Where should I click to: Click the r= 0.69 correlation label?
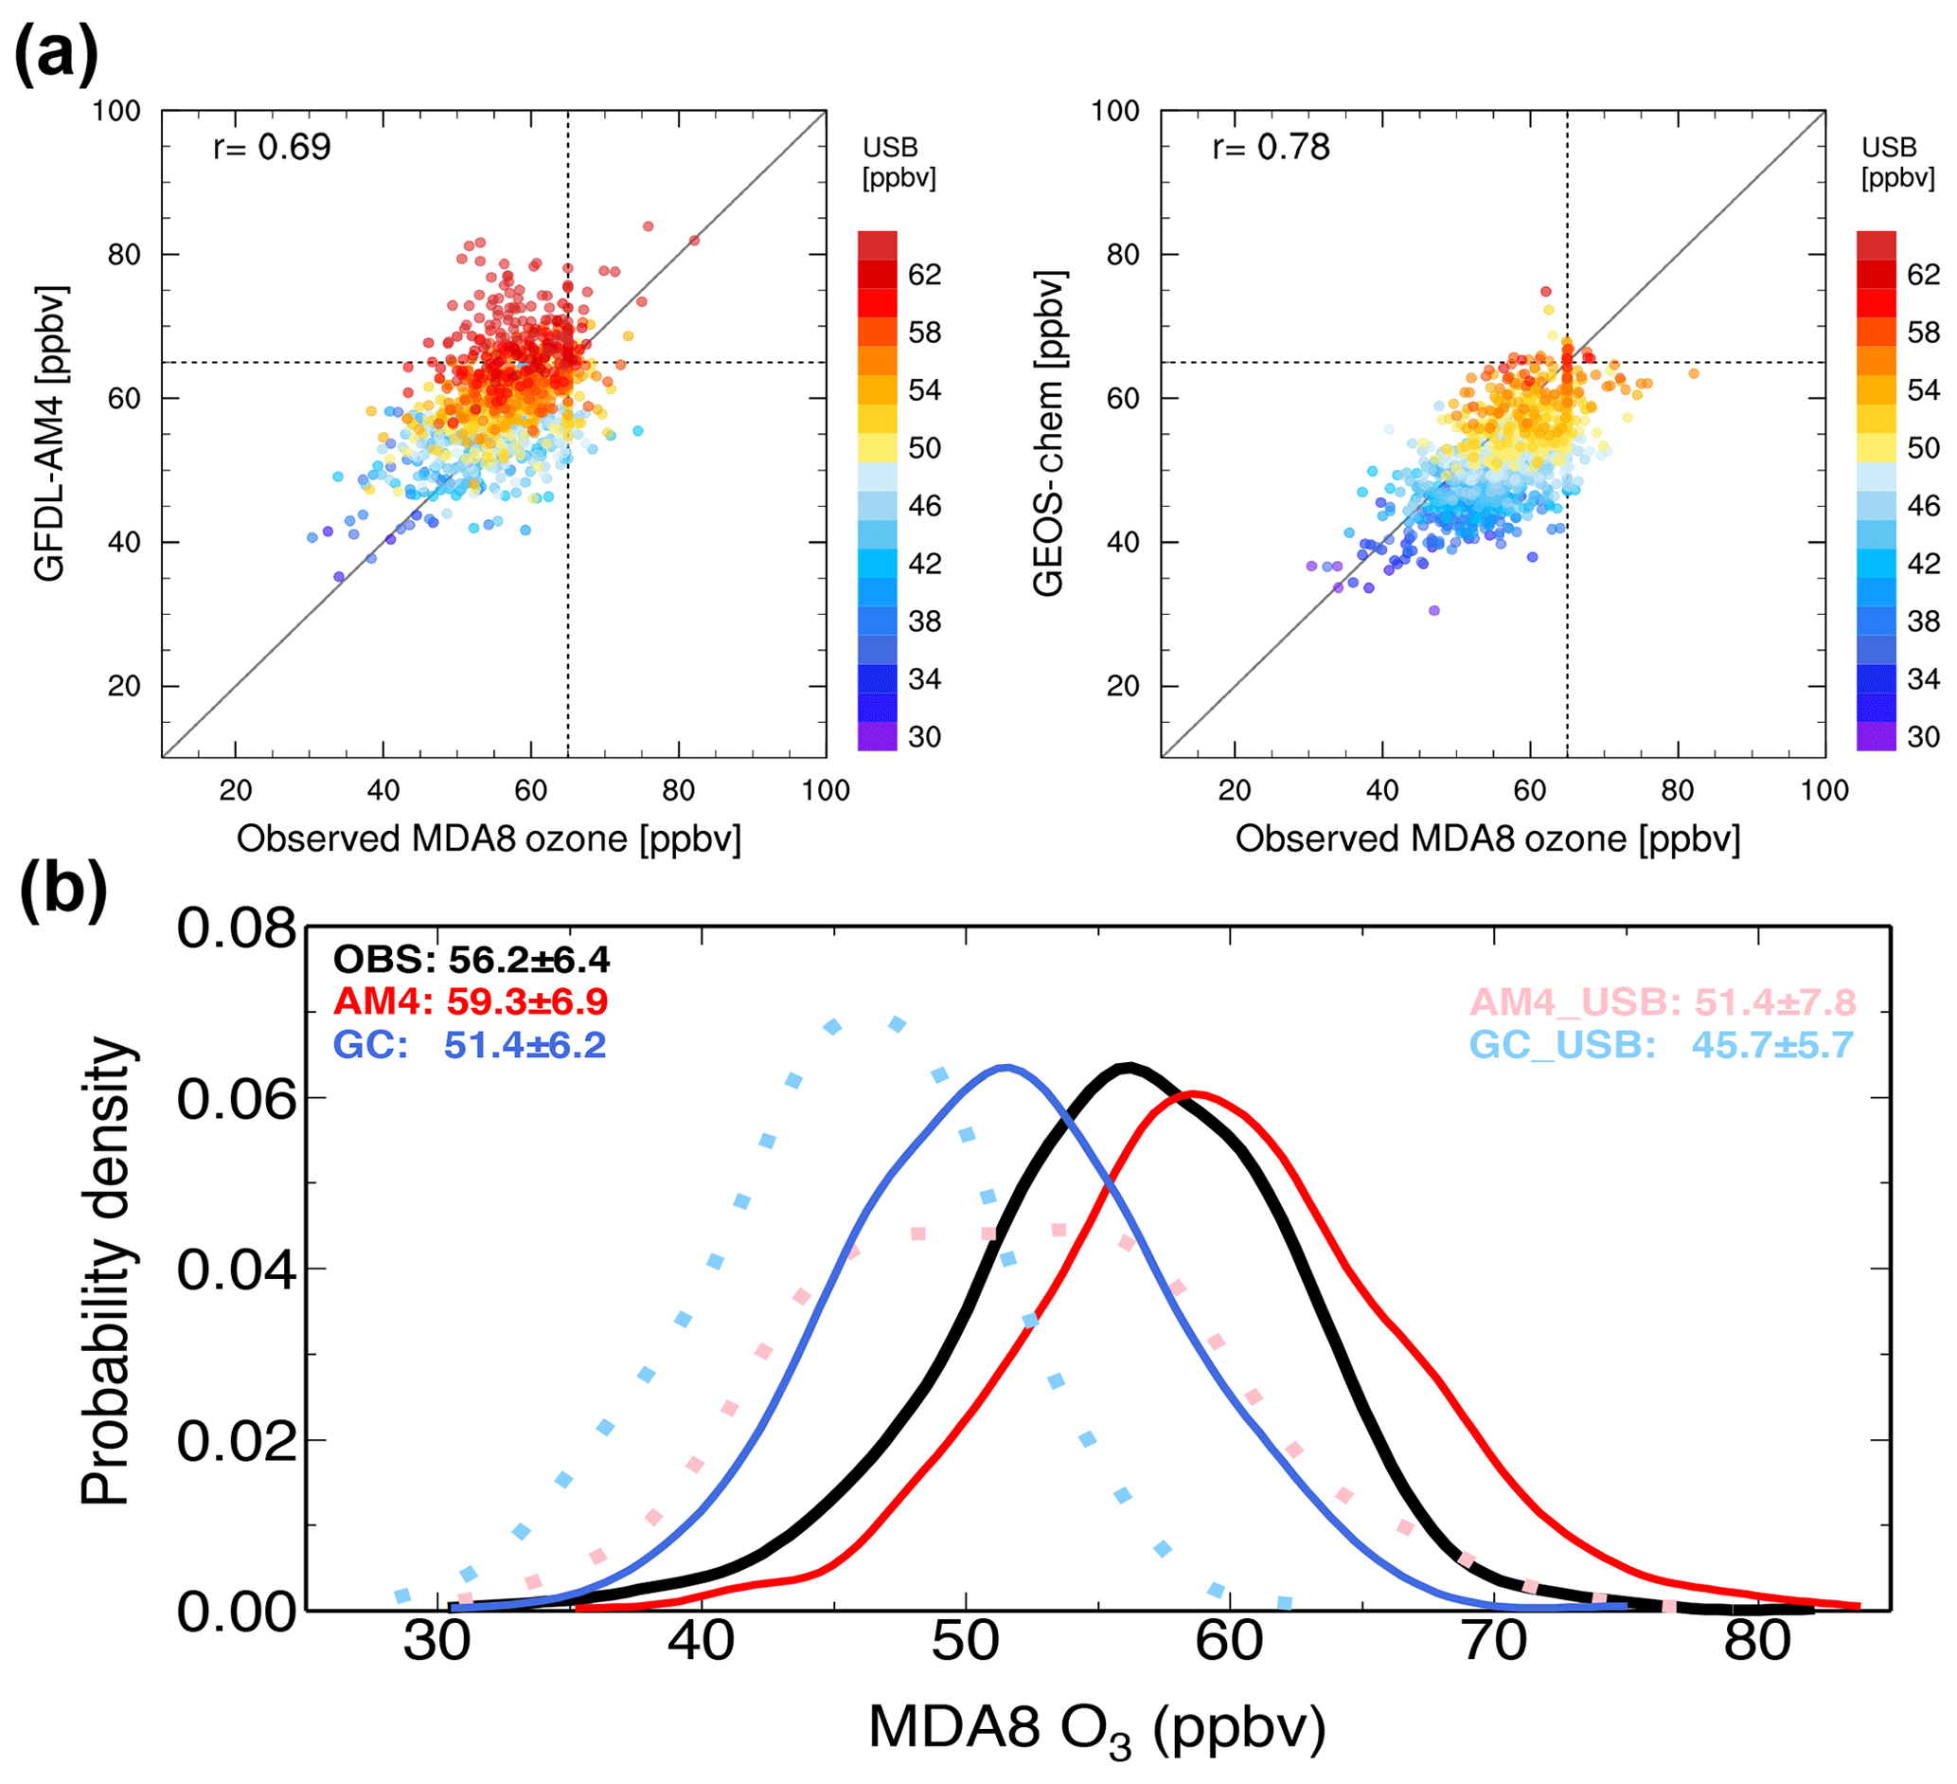(272, 148)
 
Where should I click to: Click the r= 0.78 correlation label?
(1271, 148)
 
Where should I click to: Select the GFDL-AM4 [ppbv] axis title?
(50, 433)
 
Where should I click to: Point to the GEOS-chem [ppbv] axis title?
(1049, 433)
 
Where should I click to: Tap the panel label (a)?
(55, 53)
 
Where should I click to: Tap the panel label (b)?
(62, 890)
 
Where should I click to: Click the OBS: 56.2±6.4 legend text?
(471, 960)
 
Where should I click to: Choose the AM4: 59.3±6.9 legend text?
(470, 1001)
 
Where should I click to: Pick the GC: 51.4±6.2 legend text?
(470, 1045)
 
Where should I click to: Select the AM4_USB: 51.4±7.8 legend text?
(1663, 1001)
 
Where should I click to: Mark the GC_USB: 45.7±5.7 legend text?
(1661, 1045)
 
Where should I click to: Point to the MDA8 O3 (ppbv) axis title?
(1097, 1731)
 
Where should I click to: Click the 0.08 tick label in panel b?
(236, 929)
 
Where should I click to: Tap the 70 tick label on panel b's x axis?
(1494, 1642)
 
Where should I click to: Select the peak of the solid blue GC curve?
(1005, 1068)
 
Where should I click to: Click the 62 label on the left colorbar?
(924, 275)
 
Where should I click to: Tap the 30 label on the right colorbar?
(1923, 737)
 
